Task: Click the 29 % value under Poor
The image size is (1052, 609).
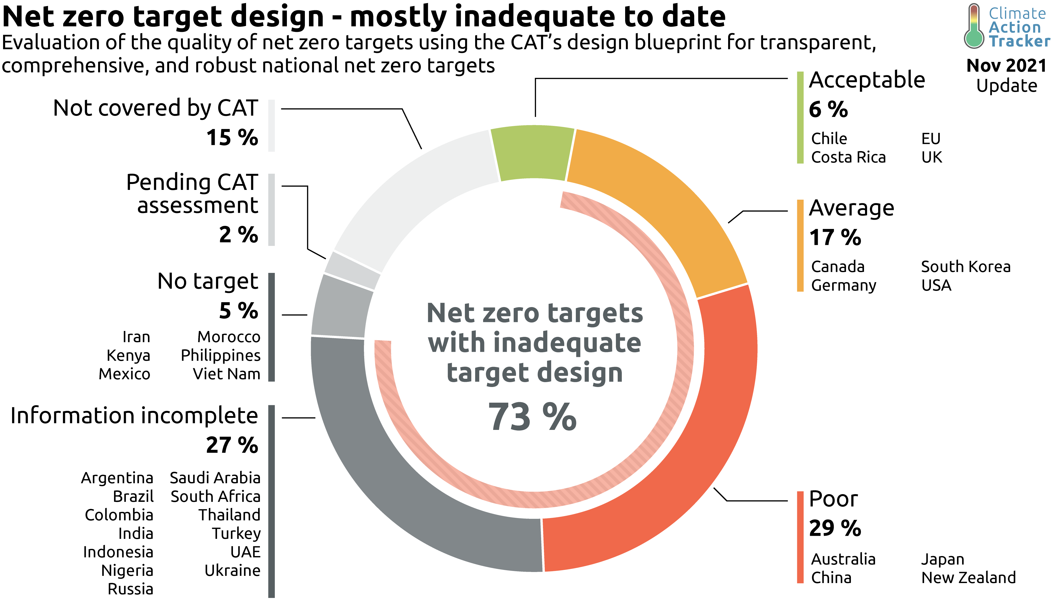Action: [835, 528]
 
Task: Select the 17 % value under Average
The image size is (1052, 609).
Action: [835, 237]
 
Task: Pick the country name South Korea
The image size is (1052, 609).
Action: [966, 266]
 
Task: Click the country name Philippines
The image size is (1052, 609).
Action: [220, 355]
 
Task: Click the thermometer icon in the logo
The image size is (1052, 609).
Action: [974, 26]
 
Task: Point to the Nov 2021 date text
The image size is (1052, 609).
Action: [1006, 66]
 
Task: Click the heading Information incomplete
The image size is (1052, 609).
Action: [134, 416]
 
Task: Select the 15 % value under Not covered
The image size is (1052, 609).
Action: [232, 137]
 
